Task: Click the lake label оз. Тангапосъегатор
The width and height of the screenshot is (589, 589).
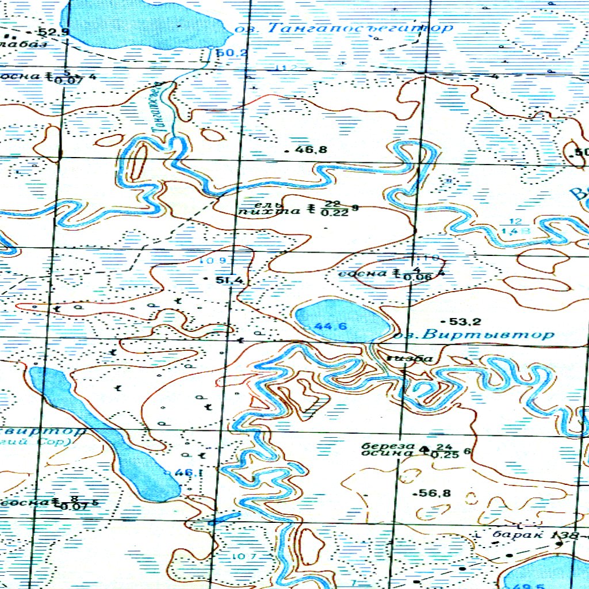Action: (344, 28)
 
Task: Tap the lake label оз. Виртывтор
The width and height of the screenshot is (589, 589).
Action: (478, 334)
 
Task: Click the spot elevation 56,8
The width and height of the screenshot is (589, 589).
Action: (436, 493)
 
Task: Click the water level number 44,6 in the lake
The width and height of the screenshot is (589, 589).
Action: (331, 326)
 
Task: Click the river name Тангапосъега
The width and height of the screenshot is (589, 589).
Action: (165, 109)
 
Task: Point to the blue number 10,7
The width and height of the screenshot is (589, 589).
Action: (244, 556)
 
